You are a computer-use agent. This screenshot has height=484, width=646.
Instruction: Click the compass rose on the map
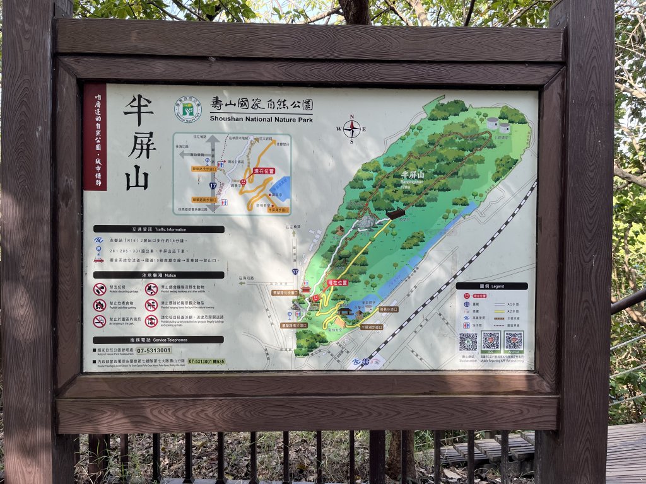click(x=351, y=129)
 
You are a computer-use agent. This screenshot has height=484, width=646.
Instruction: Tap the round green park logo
click(x=188, y=109)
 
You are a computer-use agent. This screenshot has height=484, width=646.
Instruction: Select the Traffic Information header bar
click(x=158, y=229)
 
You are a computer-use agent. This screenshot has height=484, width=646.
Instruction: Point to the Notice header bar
click(x=158, y=275)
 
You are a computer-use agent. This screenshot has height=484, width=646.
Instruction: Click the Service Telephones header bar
click(x=158, y=339)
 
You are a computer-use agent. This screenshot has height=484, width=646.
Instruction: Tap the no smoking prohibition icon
click(x=100, y=321)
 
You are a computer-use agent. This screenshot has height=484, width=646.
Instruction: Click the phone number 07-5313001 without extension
click(x=153, y=350)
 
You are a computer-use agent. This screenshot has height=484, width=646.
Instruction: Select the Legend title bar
click(x=491, y=285)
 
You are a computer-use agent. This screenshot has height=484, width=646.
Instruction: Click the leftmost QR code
click(x=468, y=342)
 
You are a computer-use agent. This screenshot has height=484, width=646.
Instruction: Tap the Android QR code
click(x=514, y=340)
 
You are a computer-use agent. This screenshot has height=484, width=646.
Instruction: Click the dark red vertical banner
click(x=95, y=137)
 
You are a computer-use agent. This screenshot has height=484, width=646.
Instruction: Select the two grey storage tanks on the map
click(x=498, y=124)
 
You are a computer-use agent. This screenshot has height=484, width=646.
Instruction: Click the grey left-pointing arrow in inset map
click(x=192, y=154)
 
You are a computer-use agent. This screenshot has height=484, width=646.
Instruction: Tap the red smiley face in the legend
click(x=467, y=296)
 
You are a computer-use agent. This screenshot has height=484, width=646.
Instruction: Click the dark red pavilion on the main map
click(x=396, y=214)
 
